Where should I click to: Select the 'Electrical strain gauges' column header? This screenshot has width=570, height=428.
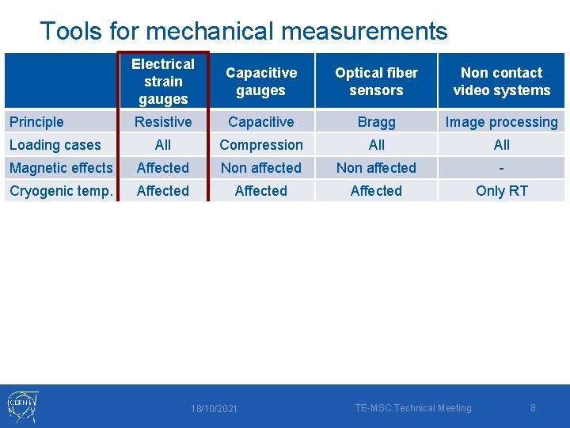(163, 81)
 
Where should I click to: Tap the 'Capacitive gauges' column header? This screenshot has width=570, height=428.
(261, 81)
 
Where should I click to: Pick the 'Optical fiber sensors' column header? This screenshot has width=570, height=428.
(376, 81)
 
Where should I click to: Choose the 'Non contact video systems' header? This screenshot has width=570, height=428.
(501, 81)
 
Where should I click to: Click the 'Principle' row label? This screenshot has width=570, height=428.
(36, 122)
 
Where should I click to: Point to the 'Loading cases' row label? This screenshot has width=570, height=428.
(55, 145)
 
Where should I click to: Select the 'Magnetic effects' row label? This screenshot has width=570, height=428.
(61, 168)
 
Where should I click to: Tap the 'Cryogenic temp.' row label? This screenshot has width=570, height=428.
(59, 191)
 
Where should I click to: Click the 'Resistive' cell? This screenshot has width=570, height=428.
(163, 122)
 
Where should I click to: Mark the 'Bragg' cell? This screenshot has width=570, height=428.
(376, 122)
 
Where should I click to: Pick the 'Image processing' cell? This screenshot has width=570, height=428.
(501, 122)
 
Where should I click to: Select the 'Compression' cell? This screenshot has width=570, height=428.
(261, 145)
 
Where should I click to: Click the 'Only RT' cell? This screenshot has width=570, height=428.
(501, 191)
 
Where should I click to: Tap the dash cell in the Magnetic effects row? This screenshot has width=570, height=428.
(501, 168)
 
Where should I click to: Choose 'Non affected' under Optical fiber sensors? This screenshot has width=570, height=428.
(376, 168)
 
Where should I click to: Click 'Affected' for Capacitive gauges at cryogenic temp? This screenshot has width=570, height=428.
(261, 191)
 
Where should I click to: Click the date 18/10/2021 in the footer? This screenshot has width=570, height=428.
(214, 409)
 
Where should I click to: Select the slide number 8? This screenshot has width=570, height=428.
(533, 408)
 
